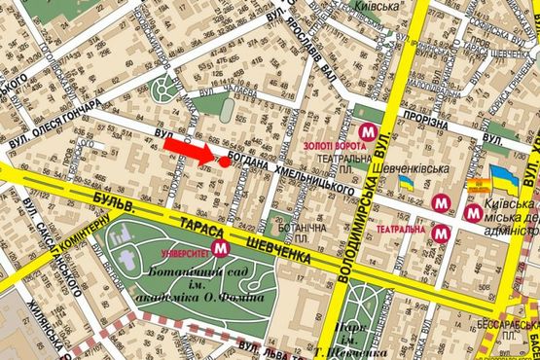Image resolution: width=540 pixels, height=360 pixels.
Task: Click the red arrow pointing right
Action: pos(188,149)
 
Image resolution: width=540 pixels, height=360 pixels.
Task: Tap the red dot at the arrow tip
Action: pos(224,161)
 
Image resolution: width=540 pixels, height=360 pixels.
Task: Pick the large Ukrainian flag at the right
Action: pos(504,179)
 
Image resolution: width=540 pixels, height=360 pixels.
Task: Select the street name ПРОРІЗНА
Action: pos(426,125)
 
